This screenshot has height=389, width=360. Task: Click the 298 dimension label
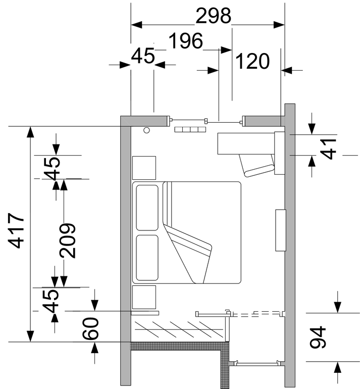pyautogui.click(x=214, y=16)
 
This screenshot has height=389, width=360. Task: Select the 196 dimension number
pyautogui.click(x=186, y=41)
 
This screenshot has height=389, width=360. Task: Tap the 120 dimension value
pyautogui.click(x=252, y=61)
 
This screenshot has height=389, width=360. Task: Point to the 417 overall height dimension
pyautogui.click(x=17, y=230)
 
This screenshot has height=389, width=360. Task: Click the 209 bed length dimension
pyautogui.click(x=68, y=240)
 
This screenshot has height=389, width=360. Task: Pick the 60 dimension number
pyautogui.click(x=90, y=328)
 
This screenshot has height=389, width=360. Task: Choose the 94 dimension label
pyautogui.click(x=318, y=337)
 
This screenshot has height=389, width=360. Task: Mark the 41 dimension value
pyautogui.click(x=328, y=149)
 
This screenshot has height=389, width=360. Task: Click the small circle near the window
pyautogui.click(x=147, y=130)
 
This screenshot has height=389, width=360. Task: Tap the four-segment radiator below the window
pyautogui.click(x=190, y=129)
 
